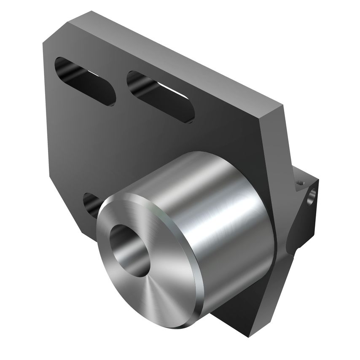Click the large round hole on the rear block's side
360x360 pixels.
[x=312, y=198]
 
